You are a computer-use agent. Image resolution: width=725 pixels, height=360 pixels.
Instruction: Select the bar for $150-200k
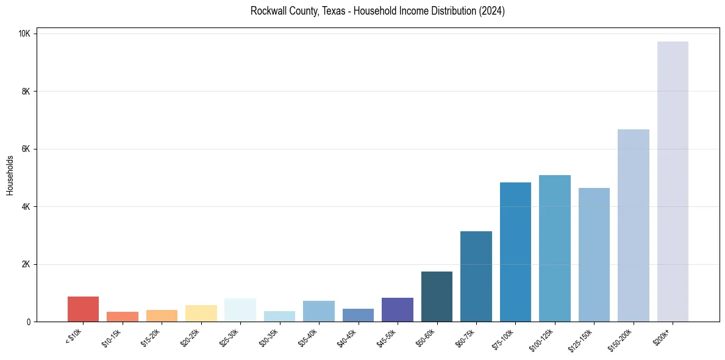tap(633, 226)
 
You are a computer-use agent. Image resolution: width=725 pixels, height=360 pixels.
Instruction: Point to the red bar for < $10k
tap(83, 309)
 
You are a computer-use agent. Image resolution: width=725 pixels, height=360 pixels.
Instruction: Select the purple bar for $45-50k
tap(398, 310)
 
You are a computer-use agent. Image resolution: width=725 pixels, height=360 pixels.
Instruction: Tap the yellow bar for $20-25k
tap(201, 314)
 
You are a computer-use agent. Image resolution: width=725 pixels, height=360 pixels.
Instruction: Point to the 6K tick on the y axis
tap(26, 149)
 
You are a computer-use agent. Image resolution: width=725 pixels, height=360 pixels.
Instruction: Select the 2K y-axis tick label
tap(26, 264)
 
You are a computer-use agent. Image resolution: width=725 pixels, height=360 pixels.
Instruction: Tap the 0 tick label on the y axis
tap(29, 322)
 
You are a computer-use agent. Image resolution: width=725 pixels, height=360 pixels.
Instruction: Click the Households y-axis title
tap(10, 175)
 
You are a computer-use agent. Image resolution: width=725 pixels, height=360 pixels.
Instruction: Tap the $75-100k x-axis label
tap(503, 339)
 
